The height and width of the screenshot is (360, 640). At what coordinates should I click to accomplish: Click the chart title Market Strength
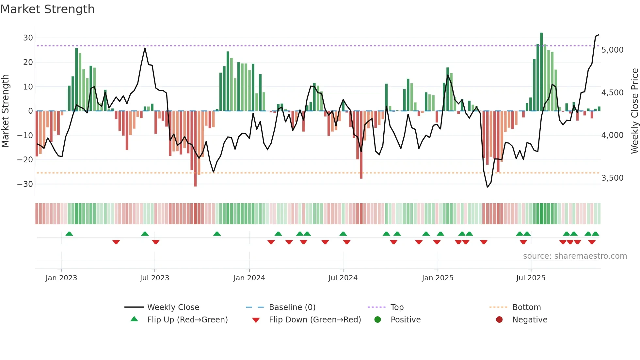coord(47,9)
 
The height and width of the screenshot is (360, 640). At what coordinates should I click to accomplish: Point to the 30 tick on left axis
coord(28,38)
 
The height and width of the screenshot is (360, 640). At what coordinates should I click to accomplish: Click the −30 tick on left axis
coord(25,184)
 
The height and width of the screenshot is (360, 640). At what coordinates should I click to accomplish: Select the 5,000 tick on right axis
coord(612,50)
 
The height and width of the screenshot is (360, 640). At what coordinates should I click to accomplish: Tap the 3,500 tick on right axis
coord(612,178)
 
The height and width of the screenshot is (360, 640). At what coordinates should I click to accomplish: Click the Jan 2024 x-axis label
coord(249,278)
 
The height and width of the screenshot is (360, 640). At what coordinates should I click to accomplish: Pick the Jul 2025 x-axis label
coord(531,278)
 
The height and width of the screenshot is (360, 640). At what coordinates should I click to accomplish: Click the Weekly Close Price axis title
coord(634,111)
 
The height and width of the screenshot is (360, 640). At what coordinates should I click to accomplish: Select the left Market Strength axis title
coord(5,111)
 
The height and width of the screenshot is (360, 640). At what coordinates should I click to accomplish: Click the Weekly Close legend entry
coord(173,307)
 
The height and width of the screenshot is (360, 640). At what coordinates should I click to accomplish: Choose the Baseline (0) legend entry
coord(292,307)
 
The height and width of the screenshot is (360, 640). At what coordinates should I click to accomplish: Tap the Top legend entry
coord(397,307)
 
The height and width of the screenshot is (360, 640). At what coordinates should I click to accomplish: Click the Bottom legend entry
coord(526,307)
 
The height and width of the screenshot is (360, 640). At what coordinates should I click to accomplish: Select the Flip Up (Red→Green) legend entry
coord(187,320)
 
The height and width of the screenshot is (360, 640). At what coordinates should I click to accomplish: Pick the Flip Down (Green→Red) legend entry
coord(315,320)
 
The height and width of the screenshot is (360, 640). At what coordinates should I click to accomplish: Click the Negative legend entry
coord(529,320)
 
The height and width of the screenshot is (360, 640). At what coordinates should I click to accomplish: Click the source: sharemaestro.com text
coord(575,256)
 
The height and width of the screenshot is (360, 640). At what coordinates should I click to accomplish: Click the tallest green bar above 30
coord(541,72)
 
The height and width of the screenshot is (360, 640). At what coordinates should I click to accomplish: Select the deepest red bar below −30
coord(195,149)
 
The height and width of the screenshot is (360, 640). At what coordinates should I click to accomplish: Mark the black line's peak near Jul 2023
coord(145,48)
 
